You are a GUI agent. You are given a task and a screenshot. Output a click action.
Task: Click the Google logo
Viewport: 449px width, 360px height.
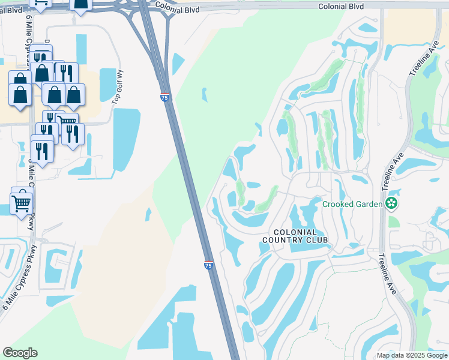click(20, 353)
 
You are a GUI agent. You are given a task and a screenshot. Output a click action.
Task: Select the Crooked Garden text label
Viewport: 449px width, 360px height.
click(352, 204)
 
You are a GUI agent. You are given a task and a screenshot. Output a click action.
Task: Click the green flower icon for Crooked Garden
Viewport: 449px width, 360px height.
click(392, 204)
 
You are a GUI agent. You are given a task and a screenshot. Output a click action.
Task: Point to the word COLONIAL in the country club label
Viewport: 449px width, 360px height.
click(295, 232)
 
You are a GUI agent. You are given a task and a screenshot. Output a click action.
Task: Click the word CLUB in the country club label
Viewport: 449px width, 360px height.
click(318, 240)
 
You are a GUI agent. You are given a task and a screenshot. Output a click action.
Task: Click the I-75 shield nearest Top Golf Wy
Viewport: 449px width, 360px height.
click(165, 97)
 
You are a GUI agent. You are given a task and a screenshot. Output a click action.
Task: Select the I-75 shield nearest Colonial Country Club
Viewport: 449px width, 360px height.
click(208, 265)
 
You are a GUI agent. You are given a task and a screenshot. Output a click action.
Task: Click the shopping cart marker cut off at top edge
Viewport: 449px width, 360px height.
click(40, 4)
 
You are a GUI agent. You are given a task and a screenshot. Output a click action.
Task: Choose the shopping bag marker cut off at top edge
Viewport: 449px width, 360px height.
click(80, 5)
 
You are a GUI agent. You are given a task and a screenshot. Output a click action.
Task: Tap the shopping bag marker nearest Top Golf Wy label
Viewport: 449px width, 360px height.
click(75, 95)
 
